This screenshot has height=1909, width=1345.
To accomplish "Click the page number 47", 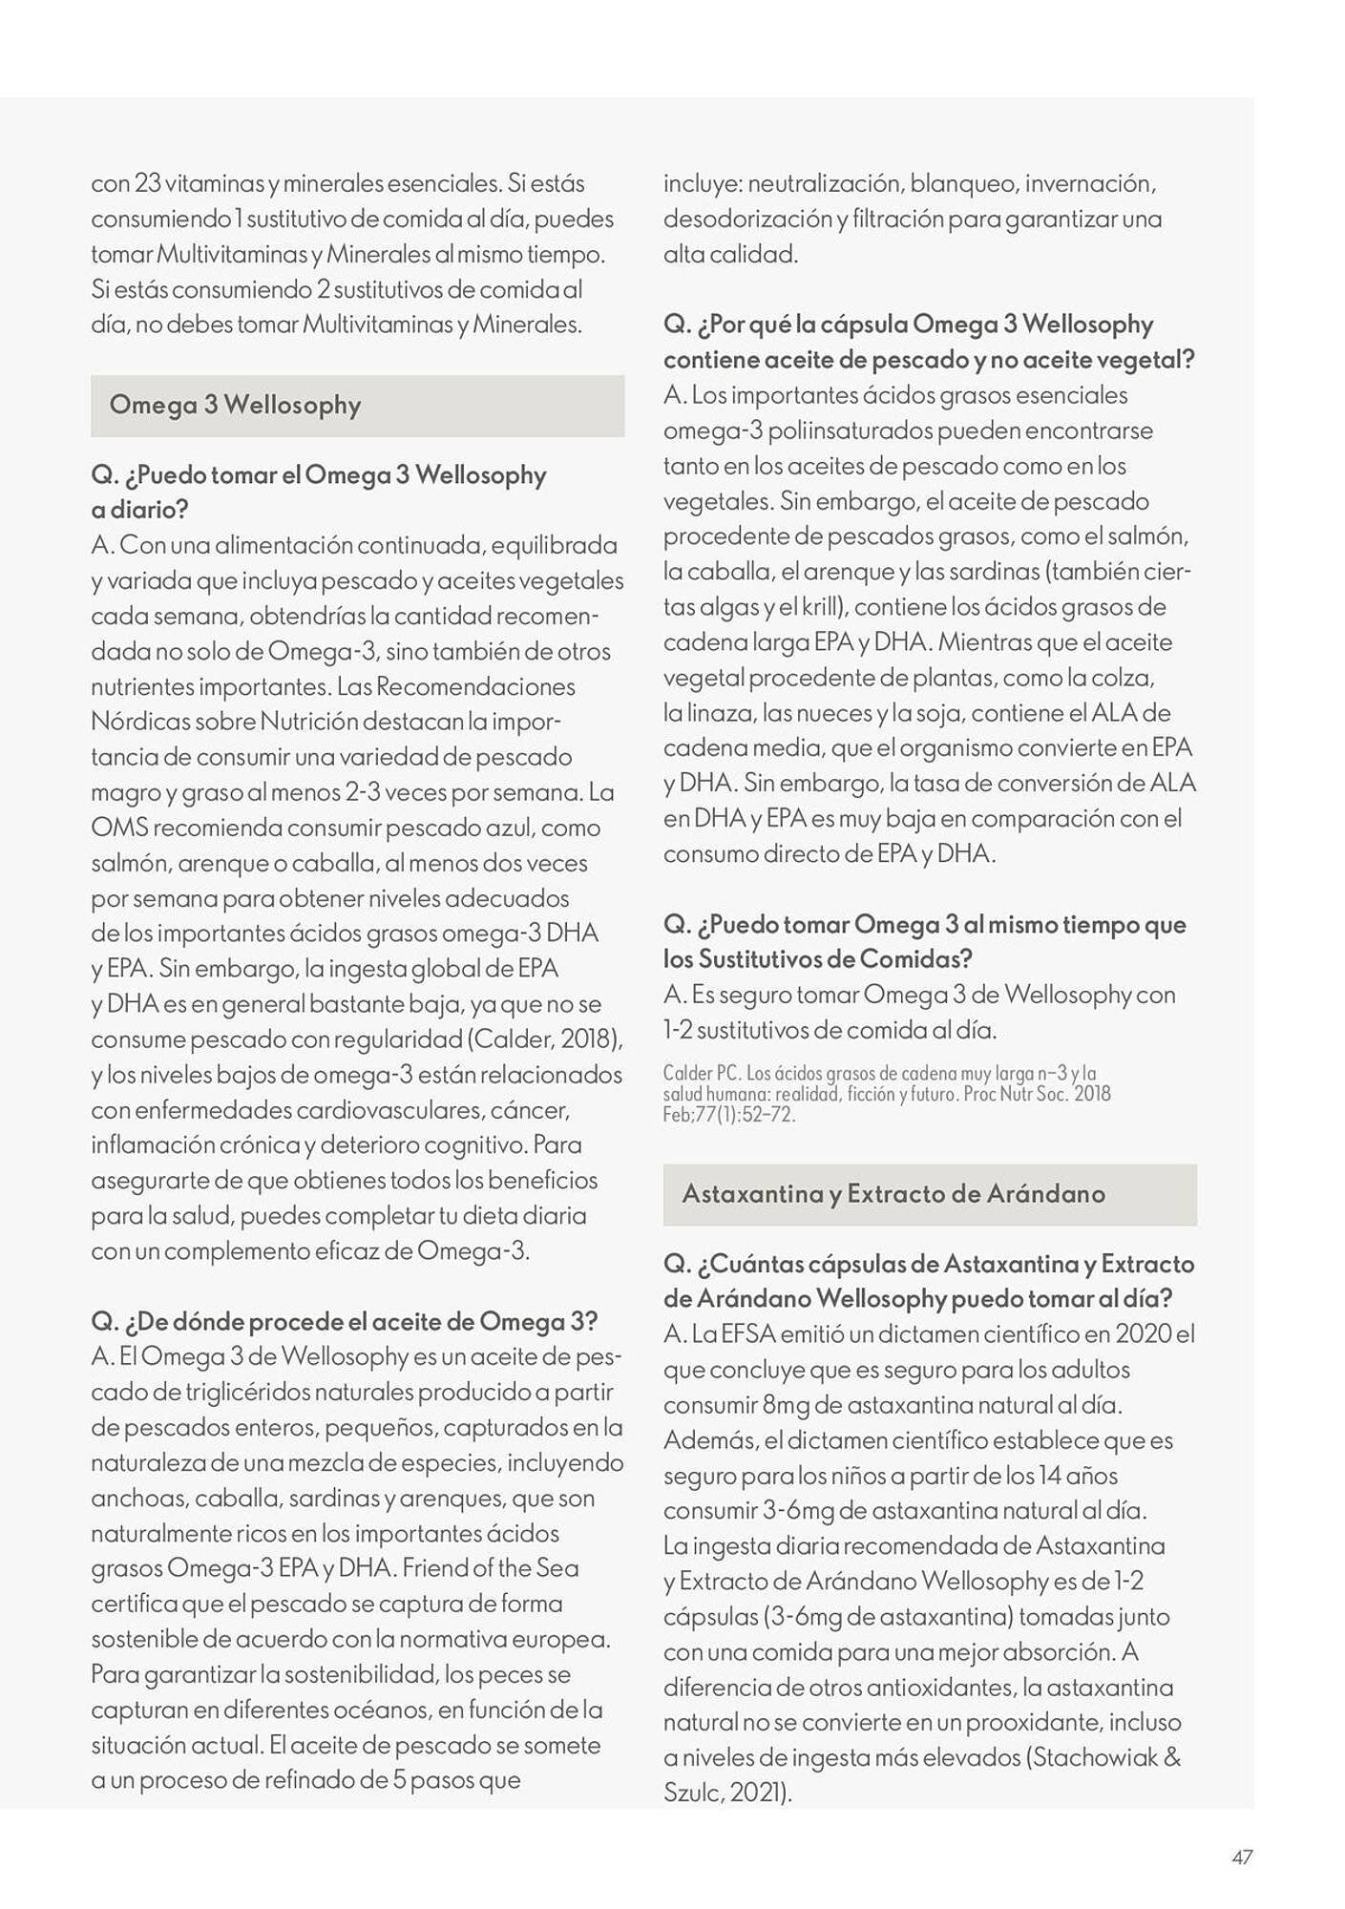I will pos(1241,1857).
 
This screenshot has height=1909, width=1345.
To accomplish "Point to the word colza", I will pos(1125,678).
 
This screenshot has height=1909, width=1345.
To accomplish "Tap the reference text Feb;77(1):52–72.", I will pos(729,1115).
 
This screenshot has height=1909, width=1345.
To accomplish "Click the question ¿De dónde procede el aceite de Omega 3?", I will pos(344,1322).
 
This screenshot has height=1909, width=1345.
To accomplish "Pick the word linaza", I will pos(707,713).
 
